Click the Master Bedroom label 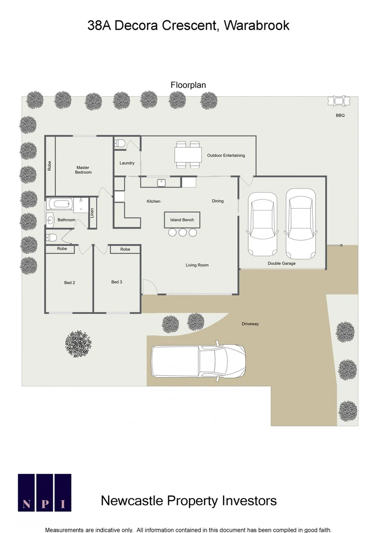83,170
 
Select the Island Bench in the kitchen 182,220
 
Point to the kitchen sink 161,183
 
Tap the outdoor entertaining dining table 188,155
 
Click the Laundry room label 127,163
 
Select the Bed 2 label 70,283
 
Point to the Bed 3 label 116,282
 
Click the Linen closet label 92,213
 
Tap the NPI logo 44,492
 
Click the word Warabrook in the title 257,26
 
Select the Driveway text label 250,324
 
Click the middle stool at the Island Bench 183,232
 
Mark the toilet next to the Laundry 120,143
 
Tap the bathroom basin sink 50,220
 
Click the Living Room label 197,265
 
